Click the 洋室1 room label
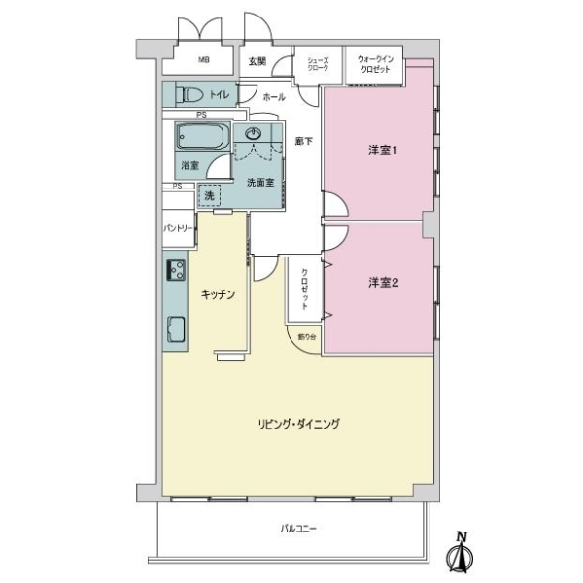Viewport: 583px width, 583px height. point(384,151)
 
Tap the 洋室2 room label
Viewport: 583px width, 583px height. point(384,283)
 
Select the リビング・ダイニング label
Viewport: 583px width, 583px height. point(298,424)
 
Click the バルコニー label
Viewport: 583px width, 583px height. point(299,529)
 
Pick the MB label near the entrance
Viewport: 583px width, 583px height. point(203,60)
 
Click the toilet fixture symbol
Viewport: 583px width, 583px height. point(191,95)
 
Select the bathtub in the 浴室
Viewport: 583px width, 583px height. point(201,138)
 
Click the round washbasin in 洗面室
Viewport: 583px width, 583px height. point(256,134)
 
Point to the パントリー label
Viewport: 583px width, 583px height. point(178,229)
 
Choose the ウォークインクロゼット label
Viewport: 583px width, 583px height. point(374,64)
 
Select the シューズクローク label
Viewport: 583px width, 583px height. point(318,65)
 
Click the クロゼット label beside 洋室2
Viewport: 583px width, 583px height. point(305,289)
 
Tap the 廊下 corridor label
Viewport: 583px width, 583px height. point(304,142)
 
